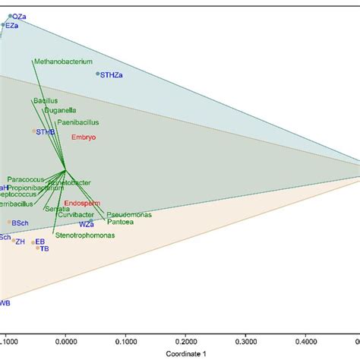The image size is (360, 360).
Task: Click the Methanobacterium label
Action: pos(63,61)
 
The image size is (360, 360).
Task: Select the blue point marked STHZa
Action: pos(98,74)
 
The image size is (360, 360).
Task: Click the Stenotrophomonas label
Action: pos(84,236)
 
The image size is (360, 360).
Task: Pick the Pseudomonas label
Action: pos(128,215)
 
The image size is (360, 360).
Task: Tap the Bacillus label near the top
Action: pos(46,100)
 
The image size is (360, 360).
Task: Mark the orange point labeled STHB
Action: pos(33,131)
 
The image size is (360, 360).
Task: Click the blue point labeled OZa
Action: pos(10,16)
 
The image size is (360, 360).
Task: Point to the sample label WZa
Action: pos(86,225)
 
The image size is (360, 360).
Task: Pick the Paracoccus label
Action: pos(27,180)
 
